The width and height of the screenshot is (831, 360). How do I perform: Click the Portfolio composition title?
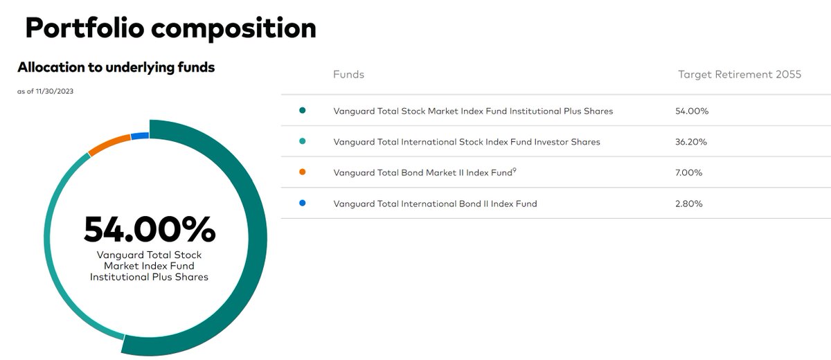(x=170, y=28)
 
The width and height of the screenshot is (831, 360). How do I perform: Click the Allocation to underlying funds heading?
(x=116, y=68)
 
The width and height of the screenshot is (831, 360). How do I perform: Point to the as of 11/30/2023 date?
(x=45, y=91)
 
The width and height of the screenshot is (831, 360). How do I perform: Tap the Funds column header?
(x=348, y=74)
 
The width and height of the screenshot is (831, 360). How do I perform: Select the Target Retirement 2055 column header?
(x=739, y=74)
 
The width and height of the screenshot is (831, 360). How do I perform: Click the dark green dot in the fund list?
(x=302, y=110)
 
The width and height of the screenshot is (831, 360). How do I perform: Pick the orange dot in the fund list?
(x=302, y=172)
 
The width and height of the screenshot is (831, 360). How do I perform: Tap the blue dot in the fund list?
(x=302, y=203)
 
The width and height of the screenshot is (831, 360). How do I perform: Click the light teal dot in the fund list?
(x=302, y=141)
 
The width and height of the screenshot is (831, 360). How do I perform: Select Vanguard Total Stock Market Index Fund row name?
(x=473, y=111)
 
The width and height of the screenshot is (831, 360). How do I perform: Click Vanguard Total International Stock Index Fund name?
(x=467, y=142)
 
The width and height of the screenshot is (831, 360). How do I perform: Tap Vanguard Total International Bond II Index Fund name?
(x=435, y=204)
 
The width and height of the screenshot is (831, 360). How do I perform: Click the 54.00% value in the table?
(x=692, y=111)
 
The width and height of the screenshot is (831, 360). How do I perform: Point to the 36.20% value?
(x=692, y=142)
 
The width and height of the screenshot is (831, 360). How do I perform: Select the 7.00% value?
(x=689, y=172)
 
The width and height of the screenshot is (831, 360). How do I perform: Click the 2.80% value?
(x=689, y=204)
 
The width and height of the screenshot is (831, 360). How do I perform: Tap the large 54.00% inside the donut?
(x=150, y=229)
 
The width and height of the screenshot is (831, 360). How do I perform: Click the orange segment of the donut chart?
(x=109, y=145)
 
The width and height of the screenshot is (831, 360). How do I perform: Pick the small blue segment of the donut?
(x=140, y=136)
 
